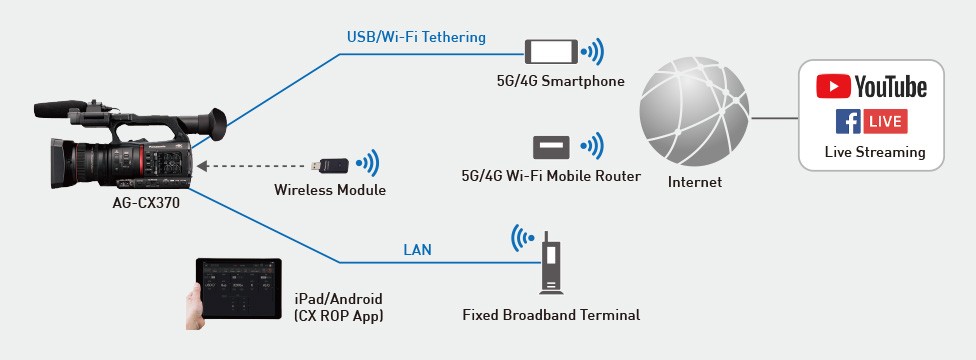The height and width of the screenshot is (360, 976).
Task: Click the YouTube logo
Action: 871,87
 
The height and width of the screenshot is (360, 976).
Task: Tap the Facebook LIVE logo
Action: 871,122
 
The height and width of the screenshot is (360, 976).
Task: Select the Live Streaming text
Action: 874,153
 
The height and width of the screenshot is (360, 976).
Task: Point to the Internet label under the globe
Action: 695,183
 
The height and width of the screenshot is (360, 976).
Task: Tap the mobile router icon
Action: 552,147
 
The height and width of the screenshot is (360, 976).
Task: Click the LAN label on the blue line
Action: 417,250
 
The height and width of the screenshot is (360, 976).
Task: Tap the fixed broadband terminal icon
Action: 549,263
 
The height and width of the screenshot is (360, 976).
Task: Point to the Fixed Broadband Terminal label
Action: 551,315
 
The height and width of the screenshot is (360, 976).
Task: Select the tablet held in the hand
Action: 235,289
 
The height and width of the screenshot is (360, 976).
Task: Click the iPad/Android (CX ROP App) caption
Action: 338,307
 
